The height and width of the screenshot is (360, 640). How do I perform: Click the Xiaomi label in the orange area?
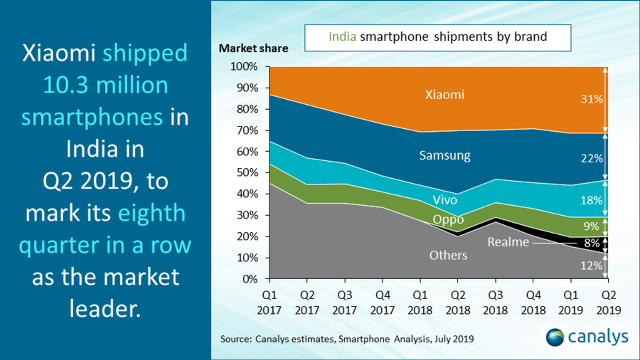tap(445, 95)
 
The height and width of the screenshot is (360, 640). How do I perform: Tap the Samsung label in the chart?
tap(445, 155)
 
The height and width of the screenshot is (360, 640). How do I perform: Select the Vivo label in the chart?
tap(445, 200)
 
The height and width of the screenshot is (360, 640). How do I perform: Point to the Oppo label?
tap(448, 220)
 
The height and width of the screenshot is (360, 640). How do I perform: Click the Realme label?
tap(508, 242)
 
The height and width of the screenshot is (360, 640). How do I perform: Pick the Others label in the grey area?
tap(448, 255)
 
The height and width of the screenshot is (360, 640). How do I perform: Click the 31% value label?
tap(592, 99)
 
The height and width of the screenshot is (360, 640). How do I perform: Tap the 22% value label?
tap(592, 158)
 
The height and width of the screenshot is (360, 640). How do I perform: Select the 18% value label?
tap(591, 200)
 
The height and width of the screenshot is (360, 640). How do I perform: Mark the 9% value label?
tap(591, 226)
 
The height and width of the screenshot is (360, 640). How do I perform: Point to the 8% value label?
tap(592, 243)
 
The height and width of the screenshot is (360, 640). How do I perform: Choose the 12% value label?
tap(591, 266)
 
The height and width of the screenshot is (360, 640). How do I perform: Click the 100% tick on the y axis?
tap(244, 66)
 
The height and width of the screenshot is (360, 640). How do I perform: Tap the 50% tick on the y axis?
tap(247, 172)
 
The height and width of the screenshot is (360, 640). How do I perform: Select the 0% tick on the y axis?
tap(250, 279)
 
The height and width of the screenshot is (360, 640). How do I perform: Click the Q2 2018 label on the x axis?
tap(458, 302)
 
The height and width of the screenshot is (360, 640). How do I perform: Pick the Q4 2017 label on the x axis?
tap(382, 302)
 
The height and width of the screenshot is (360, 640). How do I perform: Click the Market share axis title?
tap(254, 48)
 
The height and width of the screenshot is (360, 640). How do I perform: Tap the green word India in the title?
tap(342, 37)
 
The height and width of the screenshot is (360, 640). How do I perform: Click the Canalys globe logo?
tap(555, 337)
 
